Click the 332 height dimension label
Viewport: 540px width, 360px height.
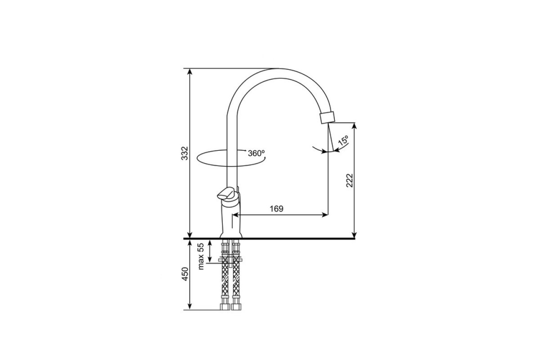click(x=185, y=153)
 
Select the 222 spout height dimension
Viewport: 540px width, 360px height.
click(x=349, y=180)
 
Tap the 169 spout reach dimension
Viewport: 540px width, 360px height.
click(x=276, y=208)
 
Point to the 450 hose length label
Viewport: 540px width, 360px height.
click(x=185, y=274)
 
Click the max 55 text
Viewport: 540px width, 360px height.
click(x=201, y=256)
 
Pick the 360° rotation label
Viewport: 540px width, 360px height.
click(x=256, y=153)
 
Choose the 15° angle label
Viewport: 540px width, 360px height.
click(x=343, y=140)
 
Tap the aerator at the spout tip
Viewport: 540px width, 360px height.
click(x=328, y=117)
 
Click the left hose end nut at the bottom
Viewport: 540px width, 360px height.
click(x=225, y=307)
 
